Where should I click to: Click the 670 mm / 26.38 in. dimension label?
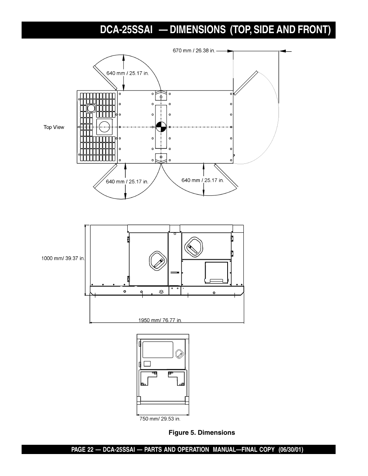194,50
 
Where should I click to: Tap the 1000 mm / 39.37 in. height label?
63,259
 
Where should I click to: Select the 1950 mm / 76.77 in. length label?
160,320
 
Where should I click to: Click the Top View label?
54,127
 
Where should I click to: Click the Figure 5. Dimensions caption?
201,432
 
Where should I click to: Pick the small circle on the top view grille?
91,108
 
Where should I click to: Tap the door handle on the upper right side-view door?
192,246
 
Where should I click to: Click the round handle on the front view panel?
179,353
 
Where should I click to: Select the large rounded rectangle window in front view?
158,349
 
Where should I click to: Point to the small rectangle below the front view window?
147,363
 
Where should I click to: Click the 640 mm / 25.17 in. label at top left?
127,73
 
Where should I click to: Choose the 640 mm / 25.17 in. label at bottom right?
203,180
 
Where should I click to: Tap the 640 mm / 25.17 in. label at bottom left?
127,182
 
